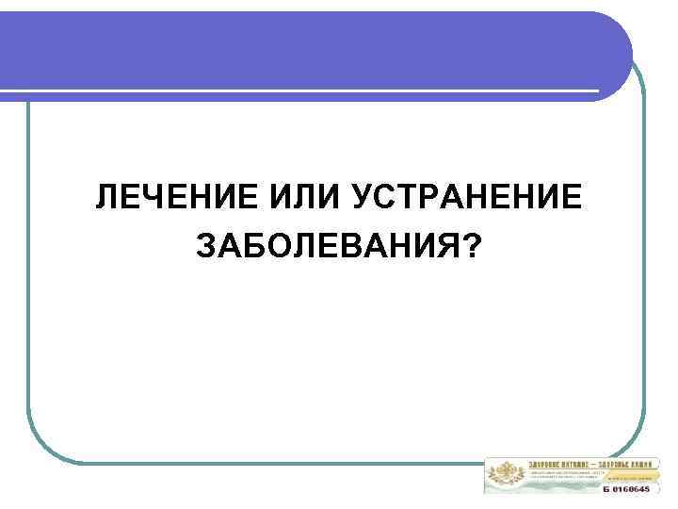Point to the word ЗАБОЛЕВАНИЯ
[325, 246]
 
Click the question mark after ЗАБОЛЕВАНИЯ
[469, 246]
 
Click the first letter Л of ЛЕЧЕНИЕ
[105, 199]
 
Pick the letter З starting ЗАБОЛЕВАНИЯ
[204, 246]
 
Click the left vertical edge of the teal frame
[28, 283]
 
